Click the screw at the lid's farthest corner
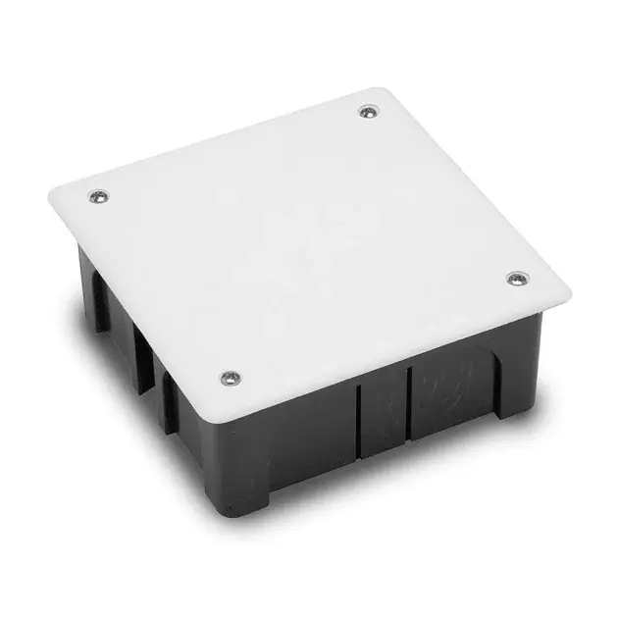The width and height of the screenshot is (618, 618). tap(368, 112)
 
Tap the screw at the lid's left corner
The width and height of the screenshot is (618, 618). tap(97, 195)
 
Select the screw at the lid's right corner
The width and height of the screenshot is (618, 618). tap(517, 279)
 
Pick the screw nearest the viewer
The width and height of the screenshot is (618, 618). tap(230, 376)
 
